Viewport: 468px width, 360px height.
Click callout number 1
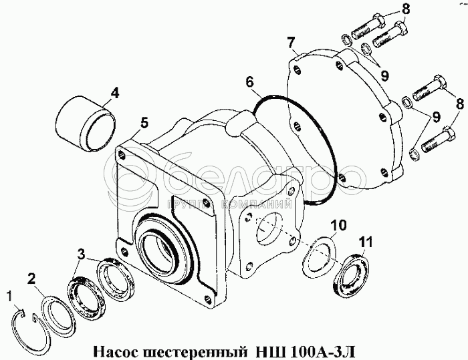[9, 294]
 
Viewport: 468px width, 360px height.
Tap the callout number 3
[82, 254]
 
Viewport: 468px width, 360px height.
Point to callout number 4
[114, 93]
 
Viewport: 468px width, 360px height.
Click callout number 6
[249, 82]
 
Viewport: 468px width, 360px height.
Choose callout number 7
[292, 43]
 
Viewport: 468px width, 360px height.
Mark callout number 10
[340, 224]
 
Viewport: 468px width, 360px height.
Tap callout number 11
[365, 241]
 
